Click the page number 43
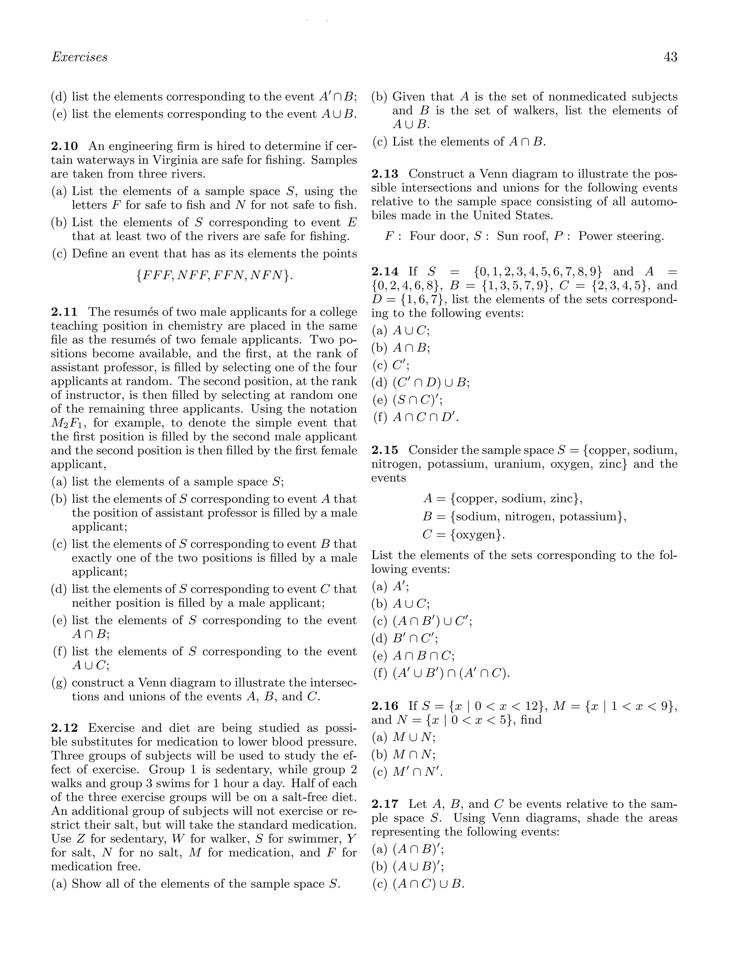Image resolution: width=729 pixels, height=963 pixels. point(670,57)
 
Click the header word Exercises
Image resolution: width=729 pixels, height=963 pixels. point(79,57)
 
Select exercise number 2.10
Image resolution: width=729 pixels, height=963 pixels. point(64,146)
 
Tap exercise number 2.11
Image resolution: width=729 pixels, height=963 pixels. point(64,312)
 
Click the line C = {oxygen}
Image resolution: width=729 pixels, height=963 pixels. point(463,535)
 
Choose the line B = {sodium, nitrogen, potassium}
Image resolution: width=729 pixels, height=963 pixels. point(524,517)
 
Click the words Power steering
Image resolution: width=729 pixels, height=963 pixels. point(620,236)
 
